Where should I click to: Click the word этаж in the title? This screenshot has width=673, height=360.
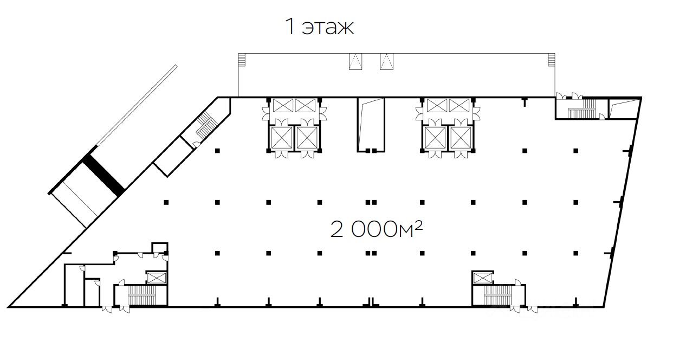pos(328,27)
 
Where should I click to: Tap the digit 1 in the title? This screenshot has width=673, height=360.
pos(290,27)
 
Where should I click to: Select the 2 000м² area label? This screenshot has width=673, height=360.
pos(377,229)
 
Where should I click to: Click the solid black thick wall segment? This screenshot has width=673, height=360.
pos(103,175)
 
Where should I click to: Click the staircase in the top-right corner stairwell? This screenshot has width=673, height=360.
pos(581,110)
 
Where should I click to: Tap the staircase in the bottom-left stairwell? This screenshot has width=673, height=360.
pos(141,295)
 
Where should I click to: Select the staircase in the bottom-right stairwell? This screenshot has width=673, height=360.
pos(497,295)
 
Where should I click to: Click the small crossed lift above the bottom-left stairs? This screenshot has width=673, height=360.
pos(156,278)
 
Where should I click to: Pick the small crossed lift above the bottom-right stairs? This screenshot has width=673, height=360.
pos(482,278)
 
